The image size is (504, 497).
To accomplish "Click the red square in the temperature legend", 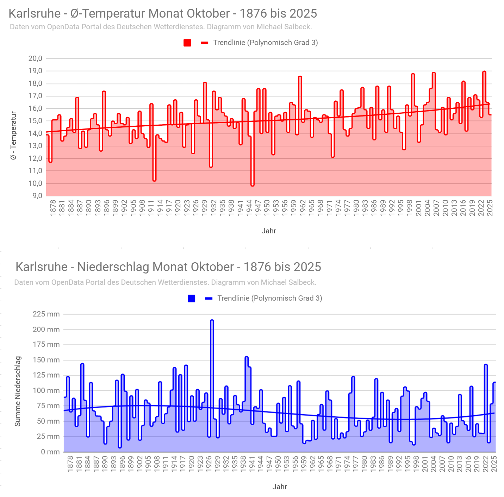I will [x=187, y=43].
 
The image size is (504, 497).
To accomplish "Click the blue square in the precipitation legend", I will [x=192, y=298].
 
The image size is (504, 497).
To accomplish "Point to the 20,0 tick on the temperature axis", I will [x=35, y=58].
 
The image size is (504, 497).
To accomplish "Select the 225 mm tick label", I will [x=46, y=314].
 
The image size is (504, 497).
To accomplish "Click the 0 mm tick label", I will [x=50, y=452].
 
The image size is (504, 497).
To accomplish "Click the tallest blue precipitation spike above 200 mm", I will [x=212, y=321].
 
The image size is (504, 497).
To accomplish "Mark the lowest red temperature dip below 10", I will [x=253, y=185].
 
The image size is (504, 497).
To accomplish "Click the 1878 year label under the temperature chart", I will [x=53, y=208].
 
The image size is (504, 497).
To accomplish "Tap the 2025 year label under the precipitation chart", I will [x=494, y=464].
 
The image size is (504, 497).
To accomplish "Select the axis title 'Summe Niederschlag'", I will [x=18, y=391].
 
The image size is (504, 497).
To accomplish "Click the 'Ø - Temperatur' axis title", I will [x=14, y=136].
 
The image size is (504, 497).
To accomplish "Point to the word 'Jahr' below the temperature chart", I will [x=269, y=231].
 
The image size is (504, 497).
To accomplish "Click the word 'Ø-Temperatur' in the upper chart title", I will [x=108, y=13].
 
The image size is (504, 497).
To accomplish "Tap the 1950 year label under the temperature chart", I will [x=267, y=208].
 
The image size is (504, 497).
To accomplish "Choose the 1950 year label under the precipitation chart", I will [x=278, y=464].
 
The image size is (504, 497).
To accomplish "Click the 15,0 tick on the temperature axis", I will [x=35, y=121].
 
